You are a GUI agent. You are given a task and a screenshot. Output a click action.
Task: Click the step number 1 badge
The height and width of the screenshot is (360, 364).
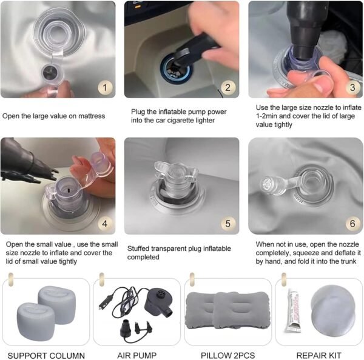click(105, 88)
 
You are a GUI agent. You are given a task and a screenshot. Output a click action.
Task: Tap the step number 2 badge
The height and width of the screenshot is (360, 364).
click(227, 87)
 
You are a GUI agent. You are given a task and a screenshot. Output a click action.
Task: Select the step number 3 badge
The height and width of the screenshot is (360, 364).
click(352, 87)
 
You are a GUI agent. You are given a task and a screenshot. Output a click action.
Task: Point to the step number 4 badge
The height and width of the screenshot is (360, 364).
click(105, 224)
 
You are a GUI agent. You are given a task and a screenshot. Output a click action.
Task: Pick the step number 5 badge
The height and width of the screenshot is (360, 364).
click(227, 224)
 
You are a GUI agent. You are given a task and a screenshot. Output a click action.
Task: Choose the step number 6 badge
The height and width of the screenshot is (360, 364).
click(352, 224)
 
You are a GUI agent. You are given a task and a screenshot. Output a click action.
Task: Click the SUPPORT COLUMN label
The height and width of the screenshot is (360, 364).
click(46, 355)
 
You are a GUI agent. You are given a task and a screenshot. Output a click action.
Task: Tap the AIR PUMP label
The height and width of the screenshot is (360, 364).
click(136, 355)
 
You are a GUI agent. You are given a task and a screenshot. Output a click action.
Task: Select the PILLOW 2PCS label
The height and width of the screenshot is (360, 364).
click(227, 355)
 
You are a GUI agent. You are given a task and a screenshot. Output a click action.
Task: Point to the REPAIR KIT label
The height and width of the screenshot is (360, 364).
click(318, 355)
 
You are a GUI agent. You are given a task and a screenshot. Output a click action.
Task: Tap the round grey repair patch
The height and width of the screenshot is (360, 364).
click(333, 310)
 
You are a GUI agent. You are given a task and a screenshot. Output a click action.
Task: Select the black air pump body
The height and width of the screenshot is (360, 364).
click(159, 302)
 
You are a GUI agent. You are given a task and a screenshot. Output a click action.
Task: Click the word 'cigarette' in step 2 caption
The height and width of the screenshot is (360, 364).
click(181, 121)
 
